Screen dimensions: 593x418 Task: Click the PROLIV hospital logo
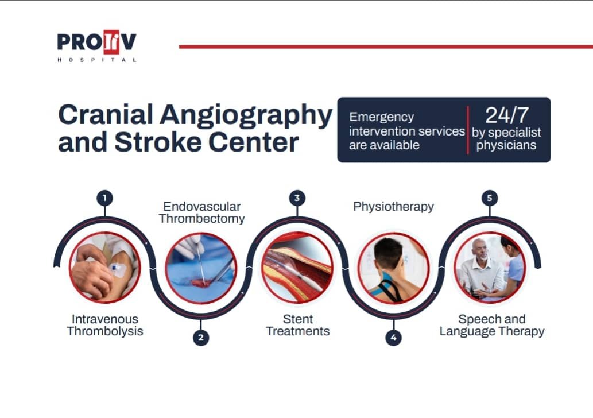click(97, 45)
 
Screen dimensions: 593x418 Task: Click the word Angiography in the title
click(246, 116)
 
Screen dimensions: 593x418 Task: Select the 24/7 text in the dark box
click(506, 115)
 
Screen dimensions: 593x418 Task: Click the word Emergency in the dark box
click(381, 117)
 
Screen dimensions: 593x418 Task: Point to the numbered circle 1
click(104, 198)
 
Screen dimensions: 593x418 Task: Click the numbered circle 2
click(201, 338)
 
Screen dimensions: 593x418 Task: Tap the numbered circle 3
click(297, 198)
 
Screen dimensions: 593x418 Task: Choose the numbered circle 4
click(393, 338)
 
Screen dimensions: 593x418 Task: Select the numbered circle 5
click(490, 198)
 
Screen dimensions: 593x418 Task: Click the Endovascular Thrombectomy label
click(201, 212)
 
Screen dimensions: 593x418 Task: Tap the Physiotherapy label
click(393, 207)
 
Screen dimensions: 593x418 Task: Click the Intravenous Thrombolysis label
click(104, 325)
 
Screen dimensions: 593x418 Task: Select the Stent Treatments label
click(297, 325)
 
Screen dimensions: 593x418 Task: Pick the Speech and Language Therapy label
click(491, 325)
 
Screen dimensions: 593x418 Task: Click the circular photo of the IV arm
click(104, 268)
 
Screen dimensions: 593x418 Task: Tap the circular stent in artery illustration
click(297, 268)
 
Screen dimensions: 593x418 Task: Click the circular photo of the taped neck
click(393, 268)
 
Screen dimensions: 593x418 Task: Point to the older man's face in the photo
click(480, 250)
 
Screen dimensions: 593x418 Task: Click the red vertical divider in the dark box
click(468, 130)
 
